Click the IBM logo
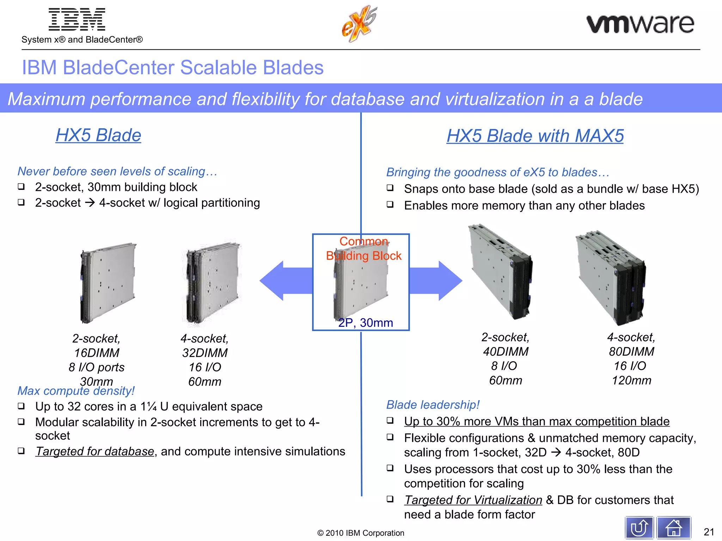[77, 20]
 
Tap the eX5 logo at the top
[359, 24]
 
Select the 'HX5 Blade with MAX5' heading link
[535, 136]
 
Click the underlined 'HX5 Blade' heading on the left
[98, 135]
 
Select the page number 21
[709, 532]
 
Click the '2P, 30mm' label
[366, 323]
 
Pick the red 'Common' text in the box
[363, 242]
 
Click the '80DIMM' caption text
[631, 352]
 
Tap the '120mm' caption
[631, 380]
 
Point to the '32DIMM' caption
[205, 353]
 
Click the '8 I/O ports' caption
[97, 367]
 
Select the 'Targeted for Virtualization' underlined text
[473, 500]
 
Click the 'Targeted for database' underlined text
[95, 452]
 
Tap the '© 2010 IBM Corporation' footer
[361, 533]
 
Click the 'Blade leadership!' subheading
[433, 405]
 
